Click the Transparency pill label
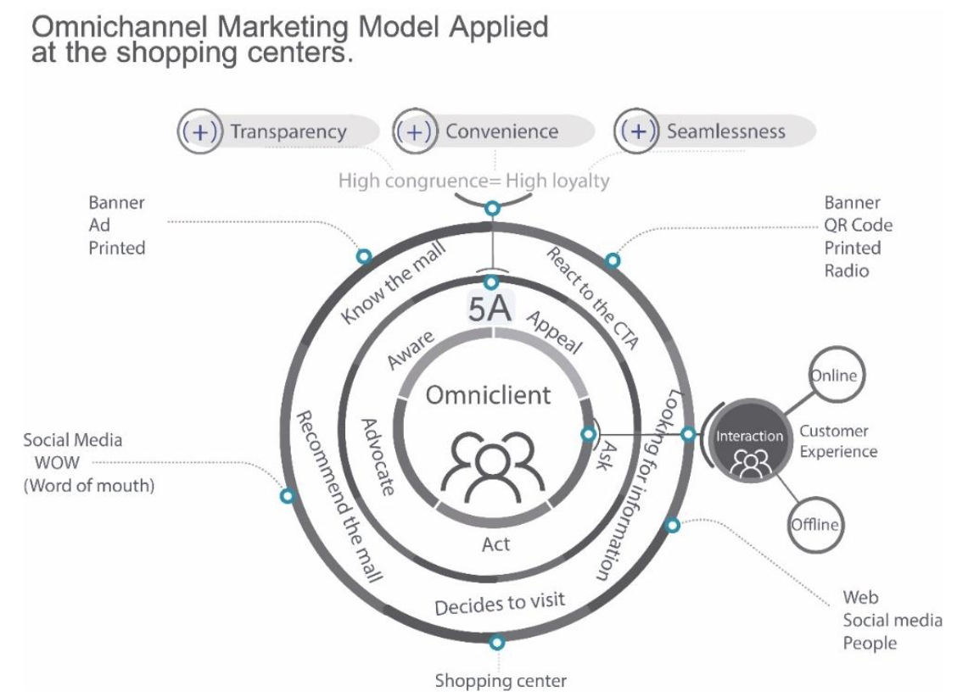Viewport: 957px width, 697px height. [288, 131]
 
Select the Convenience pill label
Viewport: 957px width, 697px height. [501, 131]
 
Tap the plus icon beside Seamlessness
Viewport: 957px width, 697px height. [637, 131]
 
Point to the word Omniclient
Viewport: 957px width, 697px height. [488, 395]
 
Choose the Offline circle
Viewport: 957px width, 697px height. [814, 524]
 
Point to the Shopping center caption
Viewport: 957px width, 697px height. [501, 680]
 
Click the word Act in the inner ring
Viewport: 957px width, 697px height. [495, 544]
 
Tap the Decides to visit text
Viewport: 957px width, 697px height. [500, 605]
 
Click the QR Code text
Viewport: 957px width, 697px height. [859, 226]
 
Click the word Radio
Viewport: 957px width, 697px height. [847, 270]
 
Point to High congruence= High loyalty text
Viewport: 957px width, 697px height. [473, 181]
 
